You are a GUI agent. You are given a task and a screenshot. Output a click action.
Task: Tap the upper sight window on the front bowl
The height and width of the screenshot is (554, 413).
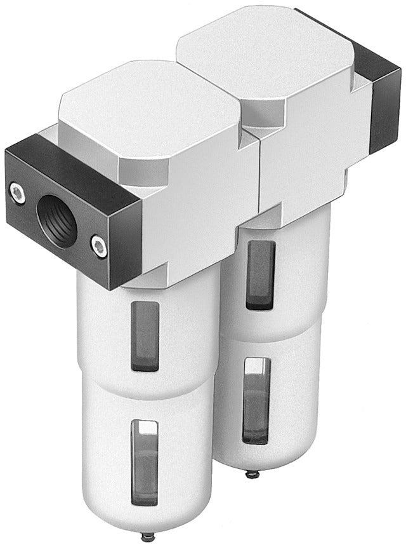(x=145, y=335)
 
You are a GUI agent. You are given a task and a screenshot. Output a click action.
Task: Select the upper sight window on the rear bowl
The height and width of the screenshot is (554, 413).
(x=260, y=274)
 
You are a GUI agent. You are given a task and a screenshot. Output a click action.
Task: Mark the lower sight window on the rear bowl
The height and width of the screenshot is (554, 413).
(x=256, y=400)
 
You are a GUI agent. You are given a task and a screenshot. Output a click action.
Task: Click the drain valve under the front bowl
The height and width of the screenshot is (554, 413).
(x=148, y=537)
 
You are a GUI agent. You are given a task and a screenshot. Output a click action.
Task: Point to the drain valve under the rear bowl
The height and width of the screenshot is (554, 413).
(x=252, y=473)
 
